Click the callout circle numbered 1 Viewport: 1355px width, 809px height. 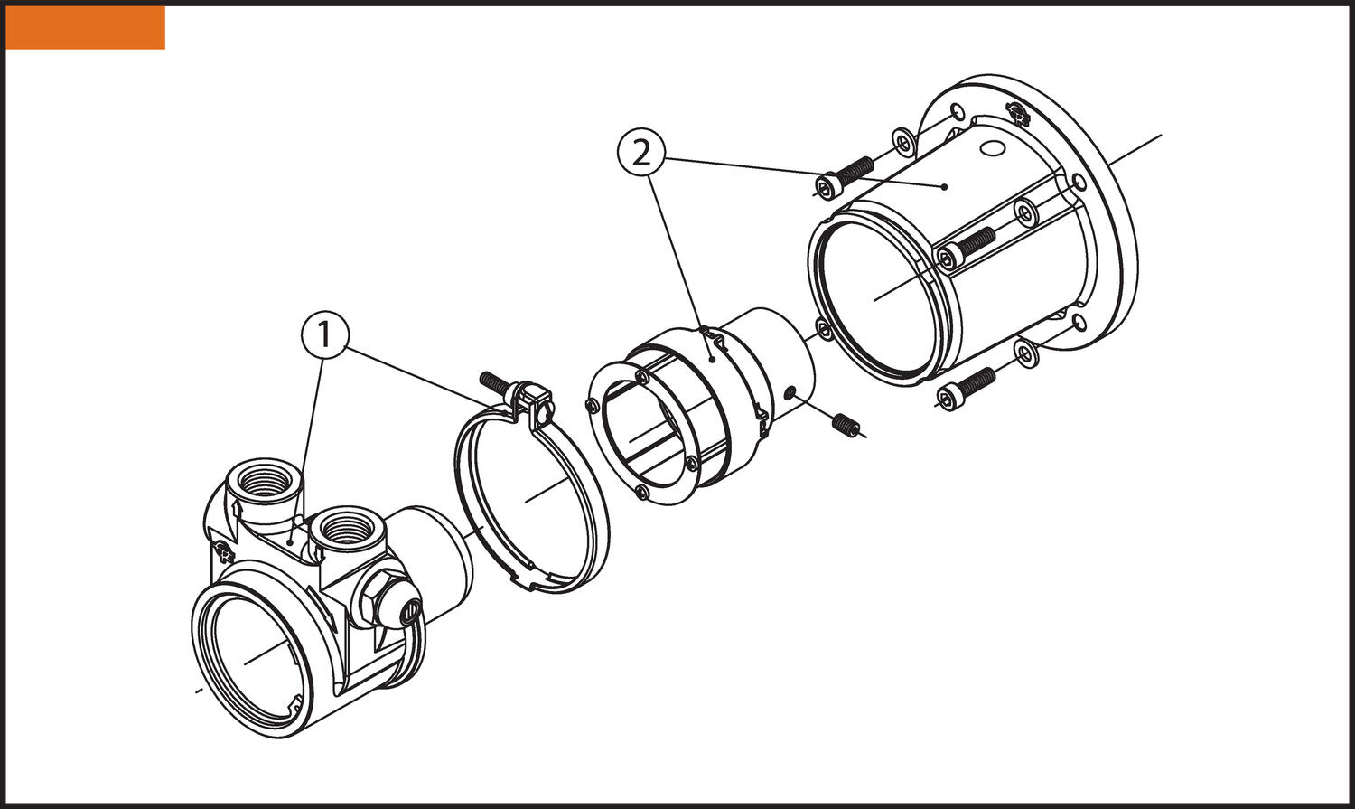point(324,335)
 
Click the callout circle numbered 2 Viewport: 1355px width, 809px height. point(641,154)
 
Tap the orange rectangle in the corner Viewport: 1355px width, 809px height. point(85,27)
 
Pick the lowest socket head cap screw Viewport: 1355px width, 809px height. point(965,387)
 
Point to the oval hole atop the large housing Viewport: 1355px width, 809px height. point(991,147)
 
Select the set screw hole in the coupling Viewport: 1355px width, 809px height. point(790,393)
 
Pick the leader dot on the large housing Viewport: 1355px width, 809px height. point(944,187)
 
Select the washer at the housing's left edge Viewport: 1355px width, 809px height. point(823,329)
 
